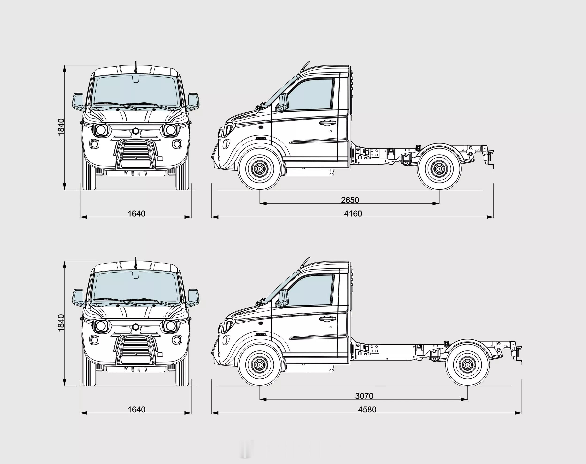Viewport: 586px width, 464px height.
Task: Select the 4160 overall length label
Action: (353, 214)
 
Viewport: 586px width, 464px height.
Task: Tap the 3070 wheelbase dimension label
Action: (364, 396)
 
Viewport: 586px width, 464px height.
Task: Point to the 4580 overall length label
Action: (367, 410)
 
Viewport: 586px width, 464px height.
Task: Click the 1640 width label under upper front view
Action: (136, 214)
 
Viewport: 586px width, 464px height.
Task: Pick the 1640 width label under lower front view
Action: (136, 410)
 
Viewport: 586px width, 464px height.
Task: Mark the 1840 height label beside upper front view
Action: (61, 127)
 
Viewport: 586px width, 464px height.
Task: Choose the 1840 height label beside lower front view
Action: (61, 323)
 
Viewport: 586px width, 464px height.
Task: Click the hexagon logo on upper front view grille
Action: (136, 131)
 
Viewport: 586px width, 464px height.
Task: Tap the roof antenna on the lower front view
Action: (135, 263)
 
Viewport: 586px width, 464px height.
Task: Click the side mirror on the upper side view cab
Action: (282, 103)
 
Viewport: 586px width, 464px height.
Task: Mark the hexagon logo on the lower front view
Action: (136, 327)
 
